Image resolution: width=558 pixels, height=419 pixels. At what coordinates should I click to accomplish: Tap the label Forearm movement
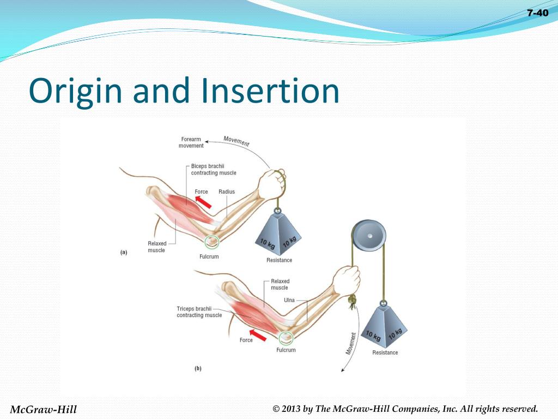coord(191,142)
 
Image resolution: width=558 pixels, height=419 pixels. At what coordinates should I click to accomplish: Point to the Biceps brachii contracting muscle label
coord(213,169)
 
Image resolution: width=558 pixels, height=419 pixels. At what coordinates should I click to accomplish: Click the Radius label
coord(226,192)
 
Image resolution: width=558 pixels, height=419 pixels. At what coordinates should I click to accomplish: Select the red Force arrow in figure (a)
coord(203,202)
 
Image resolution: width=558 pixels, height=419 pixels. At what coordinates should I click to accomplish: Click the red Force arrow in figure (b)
coord(258,334)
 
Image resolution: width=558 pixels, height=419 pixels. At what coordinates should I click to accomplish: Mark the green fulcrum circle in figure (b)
coord(285,338)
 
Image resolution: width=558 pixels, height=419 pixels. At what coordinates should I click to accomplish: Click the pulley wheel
coord(369,236)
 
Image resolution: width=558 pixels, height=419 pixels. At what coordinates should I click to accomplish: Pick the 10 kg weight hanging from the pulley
coord(385,328)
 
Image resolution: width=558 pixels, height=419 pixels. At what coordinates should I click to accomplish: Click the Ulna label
coord(289,300)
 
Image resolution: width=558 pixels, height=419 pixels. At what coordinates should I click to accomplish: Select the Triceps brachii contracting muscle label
coord(199,312)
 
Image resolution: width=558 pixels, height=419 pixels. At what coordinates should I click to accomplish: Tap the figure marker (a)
coord(124,253)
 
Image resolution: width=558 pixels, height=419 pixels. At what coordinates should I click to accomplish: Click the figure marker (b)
coord(198,368)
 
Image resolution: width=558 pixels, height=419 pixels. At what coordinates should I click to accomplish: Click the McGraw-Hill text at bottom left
coord(44,409)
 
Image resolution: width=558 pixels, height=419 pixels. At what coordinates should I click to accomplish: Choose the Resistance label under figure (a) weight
coord(279,260)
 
